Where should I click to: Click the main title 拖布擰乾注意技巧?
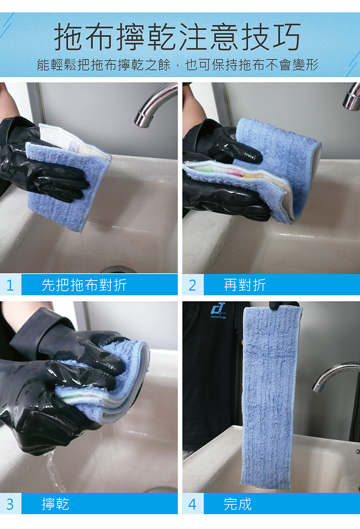[x=177, y=36]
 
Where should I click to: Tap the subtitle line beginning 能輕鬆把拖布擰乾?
[x=177, y=64]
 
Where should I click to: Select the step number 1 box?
[x=11, y=285]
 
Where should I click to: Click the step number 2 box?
[x=193, y=285]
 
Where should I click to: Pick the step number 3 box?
[x=11, y=504]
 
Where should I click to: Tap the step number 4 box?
[x=193, y=504]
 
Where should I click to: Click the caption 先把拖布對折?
[x=84, y=285]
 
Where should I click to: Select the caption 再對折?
[x=245, y=285]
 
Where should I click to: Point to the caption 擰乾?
[x=55, y=504]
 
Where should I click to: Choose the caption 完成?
[x=238, y=504]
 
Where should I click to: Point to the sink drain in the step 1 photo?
[x=118, y=270]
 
